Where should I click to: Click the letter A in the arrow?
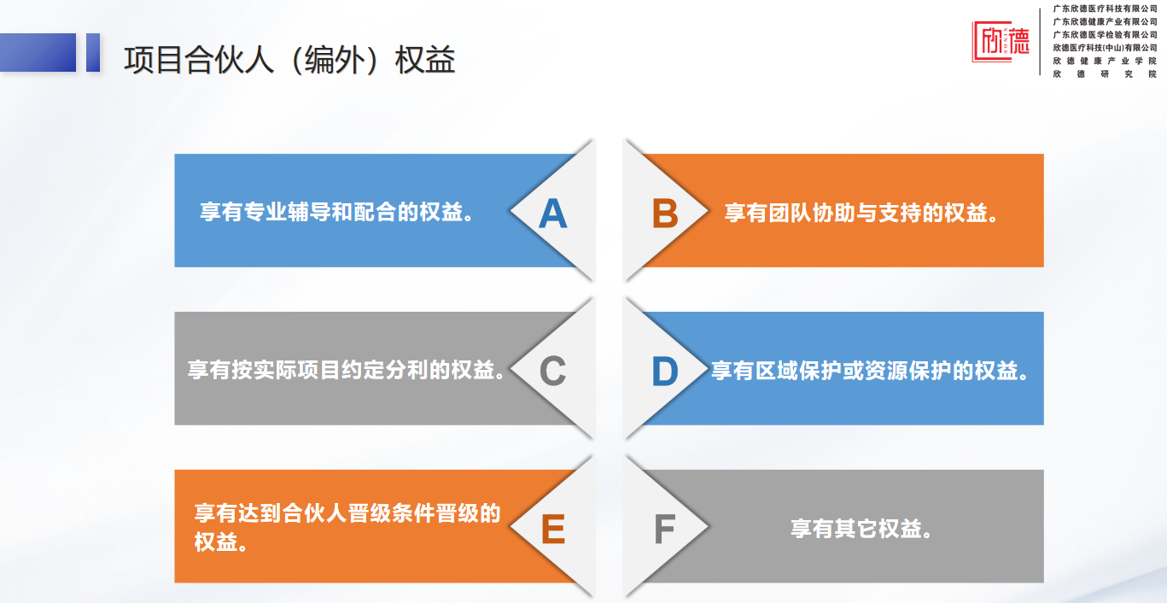click(x=552, y=214)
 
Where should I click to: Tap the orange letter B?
click(x=665, y=214)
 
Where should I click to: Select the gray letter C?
click(x=552, y=371)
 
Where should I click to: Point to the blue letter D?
click(x=665, y=371)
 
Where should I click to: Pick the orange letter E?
click(x=553, y=529)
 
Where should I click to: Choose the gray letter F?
click(x=665, y=529)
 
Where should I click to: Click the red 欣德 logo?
click(x=1001, y=42)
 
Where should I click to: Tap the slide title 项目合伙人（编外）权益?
click(x=289, y=60)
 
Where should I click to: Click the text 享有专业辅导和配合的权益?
click(x=336, y=212)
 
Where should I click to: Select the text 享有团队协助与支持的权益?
click(x=861, y=214)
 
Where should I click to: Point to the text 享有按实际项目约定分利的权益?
click(x=346, y=370)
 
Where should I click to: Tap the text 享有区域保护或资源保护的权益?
click(x=870, y=371)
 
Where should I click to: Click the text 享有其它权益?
click(x=861, y=529)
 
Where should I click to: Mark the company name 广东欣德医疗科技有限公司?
click(x=1105, y=9)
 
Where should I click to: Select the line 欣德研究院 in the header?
click(x=1105, y=74)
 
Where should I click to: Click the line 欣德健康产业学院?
click(x=1105, y=61)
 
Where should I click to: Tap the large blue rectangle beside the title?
click(x=38, y=52)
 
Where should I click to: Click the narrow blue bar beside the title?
click(x=93, y=52)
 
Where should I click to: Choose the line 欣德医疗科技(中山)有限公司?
click(x=1105, y=48)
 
